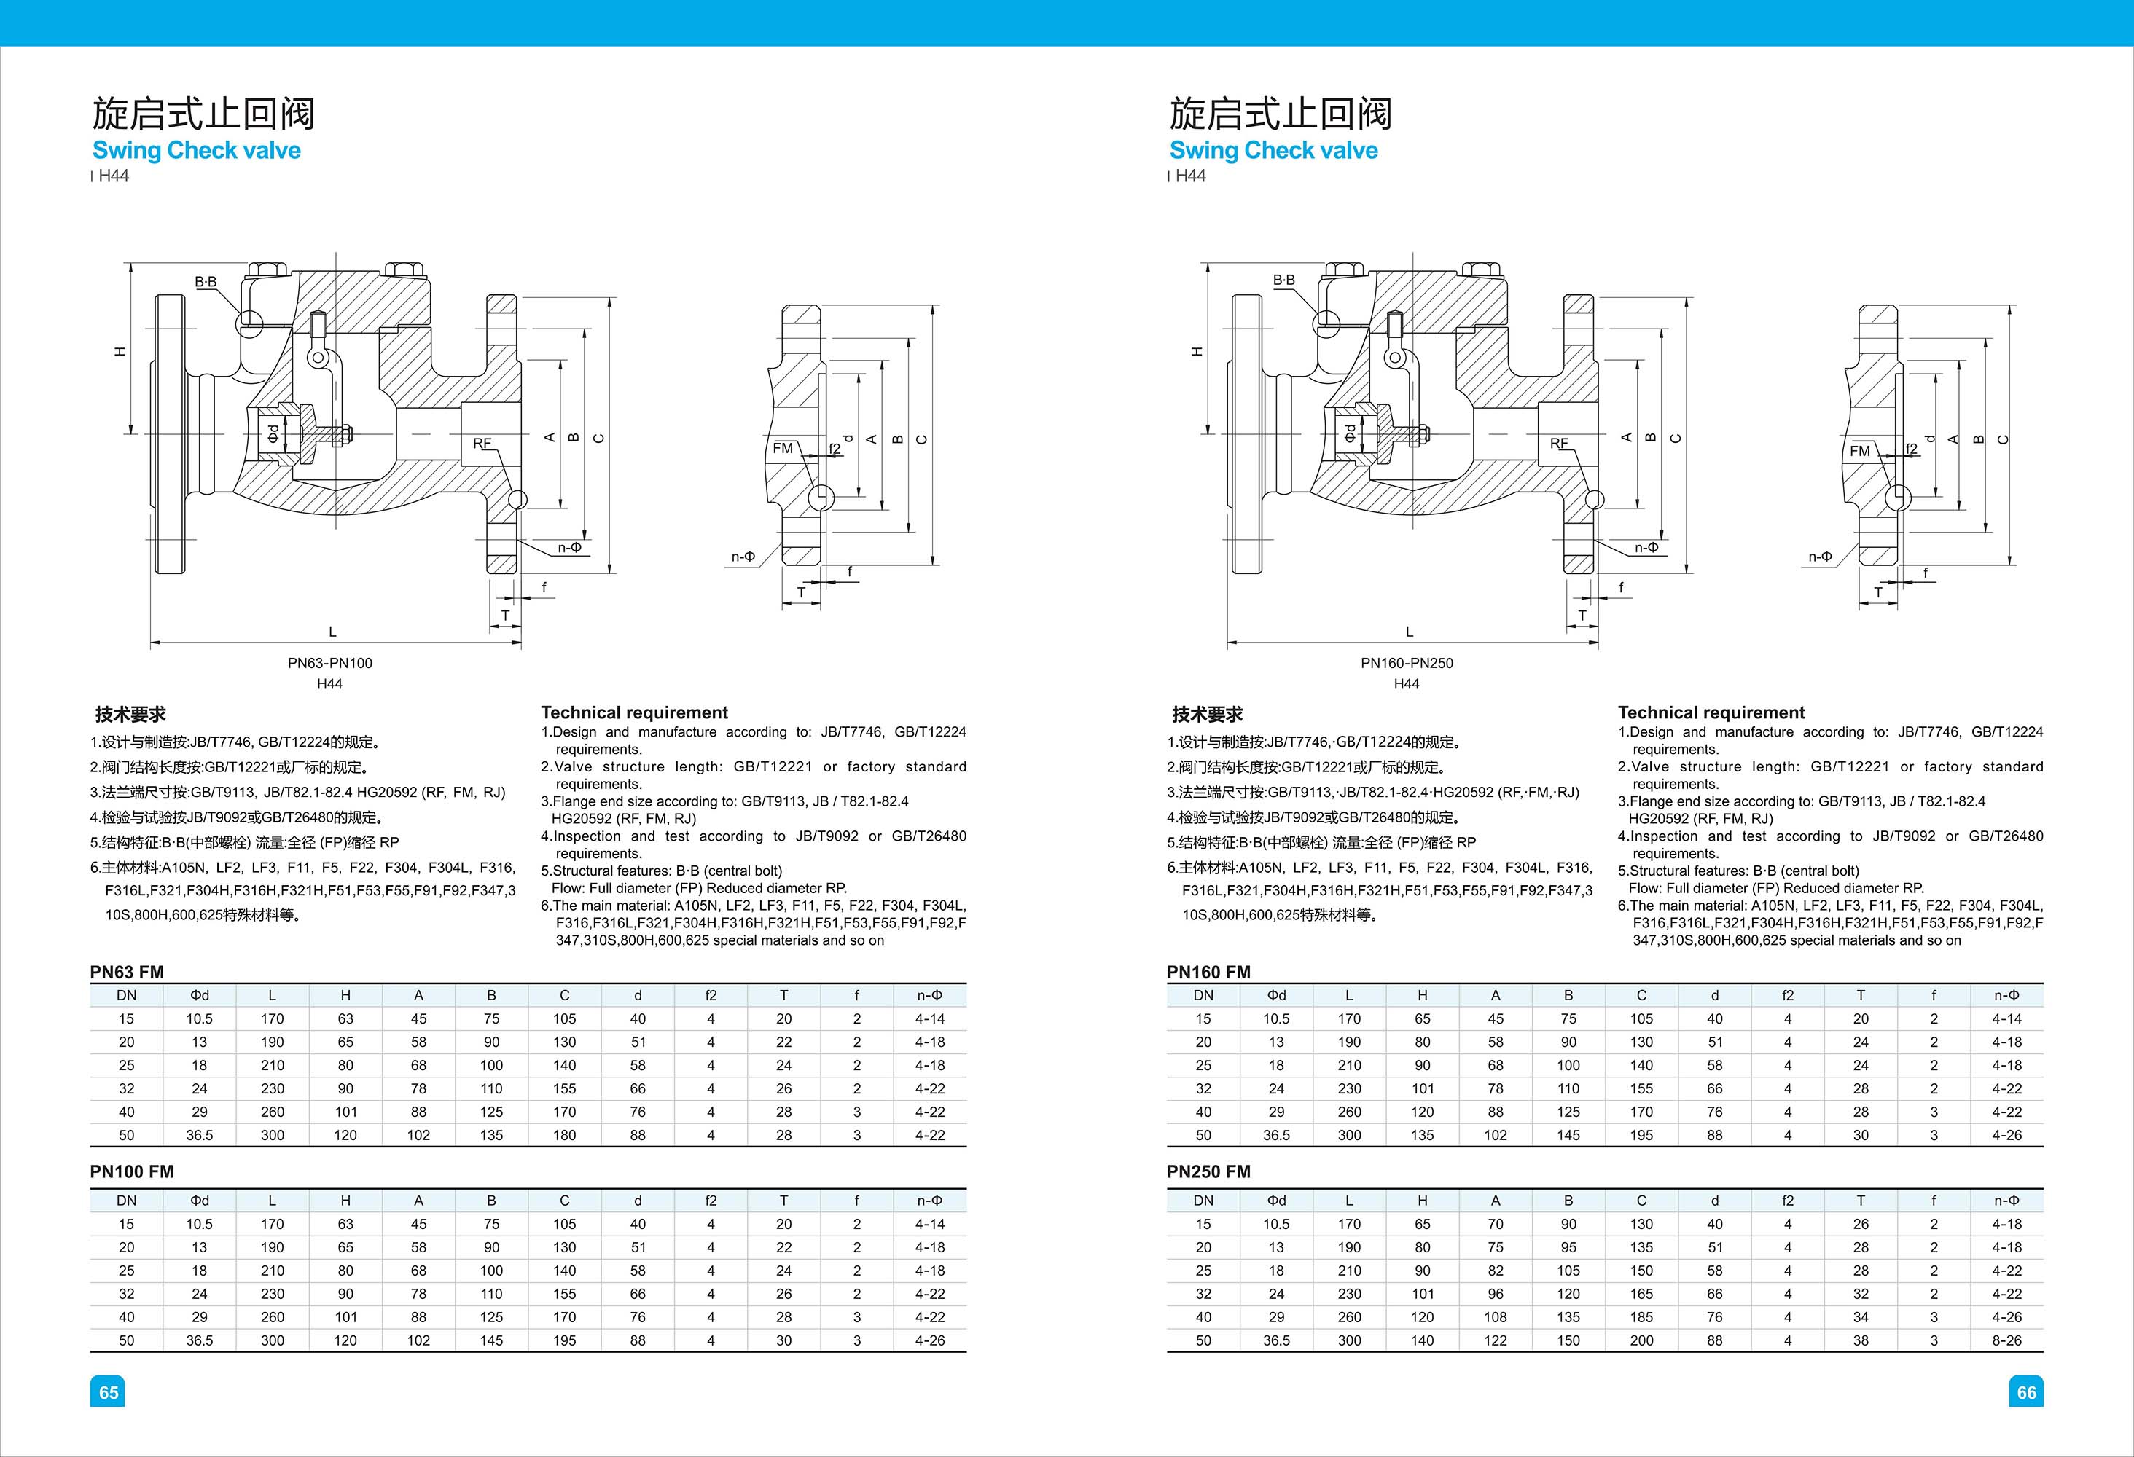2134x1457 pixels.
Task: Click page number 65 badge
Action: tap(109, 1392)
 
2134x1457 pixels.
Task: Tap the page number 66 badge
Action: tap(2025, 1392)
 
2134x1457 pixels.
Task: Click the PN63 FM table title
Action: tap(127, 971)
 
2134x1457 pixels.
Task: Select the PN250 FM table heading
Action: tap(1208, 1171)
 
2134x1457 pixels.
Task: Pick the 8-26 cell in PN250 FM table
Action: tap(2006, 1340)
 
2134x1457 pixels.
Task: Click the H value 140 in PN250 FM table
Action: tap(1423, 1340)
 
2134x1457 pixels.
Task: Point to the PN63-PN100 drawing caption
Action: tap(329, 663)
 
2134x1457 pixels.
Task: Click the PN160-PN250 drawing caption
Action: tap(1407, 663)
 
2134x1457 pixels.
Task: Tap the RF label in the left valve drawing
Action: tap(482, 444)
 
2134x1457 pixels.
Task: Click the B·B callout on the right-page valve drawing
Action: tap(1283, 280)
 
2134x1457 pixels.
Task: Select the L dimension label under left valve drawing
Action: tap(332, 632)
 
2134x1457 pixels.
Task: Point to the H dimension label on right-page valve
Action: tap(1197, 350)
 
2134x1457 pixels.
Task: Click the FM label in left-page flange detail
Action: tap(782, 448)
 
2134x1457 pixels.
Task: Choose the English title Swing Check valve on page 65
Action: tap(197, 151)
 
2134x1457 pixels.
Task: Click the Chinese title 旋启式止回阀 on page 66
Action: tap(1280, 114)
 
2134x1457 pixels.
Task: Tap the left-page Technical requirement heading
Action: tap(633, 712)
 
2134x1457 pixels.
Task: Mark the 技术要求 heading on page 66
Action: tap(1207, 714)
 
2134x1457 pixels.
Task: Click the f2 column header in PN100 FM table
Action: tap(711, 1200)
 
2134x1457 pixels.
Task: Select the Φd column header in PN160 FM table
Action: tap(1276, 995)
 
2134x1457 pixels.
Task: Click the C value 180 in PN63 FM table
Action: tap(565, 1135)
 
